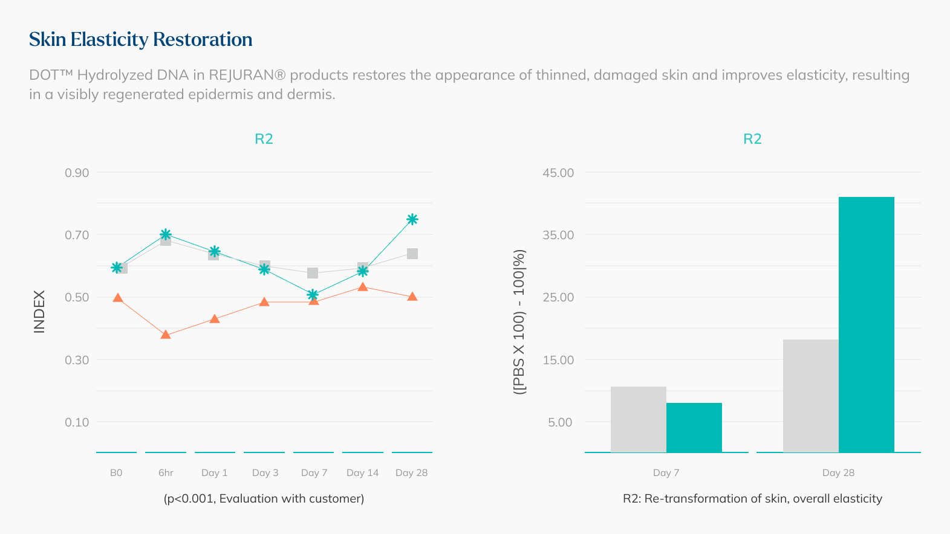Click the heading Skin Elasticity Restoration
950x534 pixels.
tap(140, 39)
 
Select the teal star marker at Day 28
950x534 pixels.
tap(412, 219)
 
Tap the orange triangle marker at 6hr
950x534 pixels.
tap(166, 335)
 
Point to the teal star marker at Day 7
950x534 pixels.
tap(313, 295)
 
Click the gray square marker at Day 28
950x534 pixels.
tap(412, 254)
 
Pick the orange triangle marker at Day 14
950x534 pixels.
tap(362, 286)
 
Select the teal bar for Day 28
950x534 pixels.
tap(866, 324)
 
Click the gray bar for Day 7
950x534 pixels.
tap(638, 419)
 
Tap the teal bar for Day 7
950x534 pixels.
tap(694, 427)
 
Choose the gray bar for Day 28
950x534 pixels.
tap(810, 396)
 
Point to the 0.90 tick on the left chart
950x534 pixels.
tap(77, 173)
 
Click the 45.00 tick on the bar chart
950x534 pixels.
tap(558, 173)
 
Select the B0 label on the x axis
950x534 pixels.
tap(116, 472)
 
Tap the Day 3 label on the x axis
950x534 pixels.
tap(265, 472)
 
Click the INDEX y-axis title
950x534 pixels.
tap(39, 312)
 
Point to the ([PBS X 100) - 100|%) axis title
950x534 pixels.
tap(519, 322)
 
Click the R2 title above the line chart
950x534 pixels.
tap(264, 139)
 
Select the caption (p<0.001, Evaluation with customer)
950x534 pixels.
tap(264, 498)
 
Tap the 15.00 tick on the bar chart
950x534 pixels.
tap(558, 360)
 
